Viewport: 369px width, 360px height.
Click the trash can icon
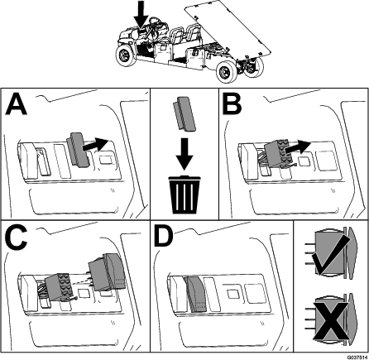184,194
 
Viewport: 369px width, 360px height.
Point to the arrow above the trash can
184,153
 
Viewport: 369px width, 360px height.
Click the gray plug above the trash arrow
184,114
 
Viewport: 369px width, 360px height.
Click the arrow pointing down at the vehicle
141,14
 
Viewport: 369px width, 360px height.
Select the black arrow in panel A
95,145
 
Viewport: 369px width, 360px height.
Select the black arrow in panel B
298,147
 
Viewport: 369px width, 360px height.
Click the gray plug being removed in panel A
79,150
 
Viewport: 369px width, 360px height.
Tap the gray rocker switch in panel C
107,272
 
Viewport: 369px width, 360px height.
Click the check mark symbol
331,254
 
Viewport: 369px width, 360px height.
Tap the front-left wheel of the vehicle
125,56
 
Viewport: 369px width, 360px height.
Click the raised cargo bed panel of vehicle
227,28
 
